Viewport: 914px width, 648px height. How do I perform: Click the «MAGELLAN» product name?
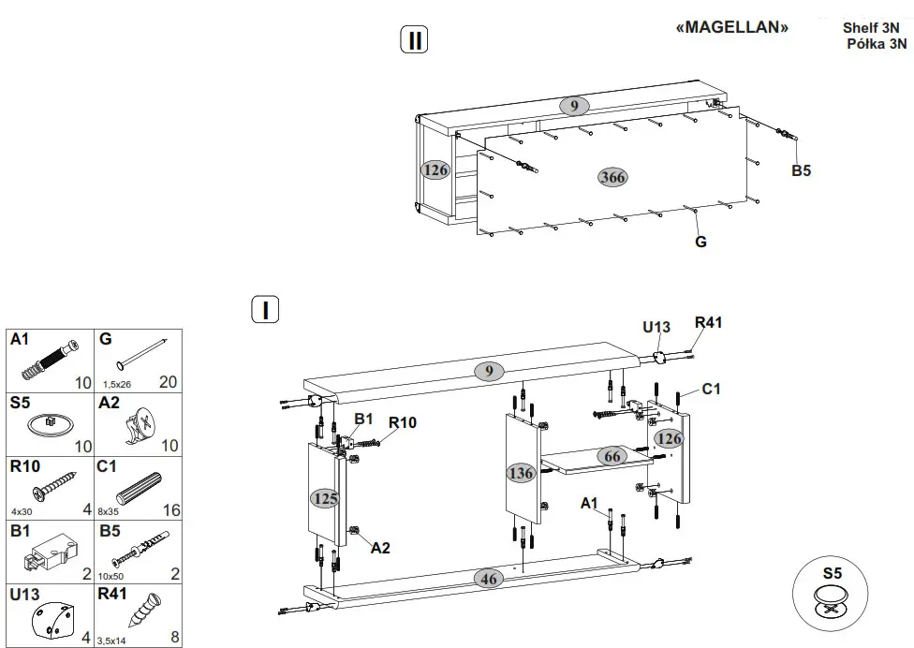click(x=731, y=28)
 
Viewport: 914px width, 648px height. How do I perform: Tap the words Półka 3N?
click(x=877, y=43)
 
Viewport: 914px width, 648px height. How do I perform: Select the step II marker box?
click(x=414, y=40)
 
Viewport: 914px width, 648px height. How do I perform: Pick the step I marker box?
click(x=266, y=309)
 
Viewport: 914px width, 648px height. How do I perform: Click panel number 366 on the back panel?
click(x=613, y=178)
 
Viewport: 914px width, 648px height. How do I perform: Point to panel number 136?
click(x=521, y=473)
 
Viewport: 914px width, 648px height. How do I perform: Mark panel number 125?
click(x=326, y=498)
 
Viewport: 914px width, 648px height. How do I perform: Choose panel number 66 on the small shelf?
click(x=612, y=456)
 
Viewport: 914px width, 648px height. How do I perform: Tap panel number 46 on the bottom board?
click(x=489, y=578)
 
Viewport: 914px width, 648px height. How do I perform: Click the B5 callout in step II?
click(x=801, y=170)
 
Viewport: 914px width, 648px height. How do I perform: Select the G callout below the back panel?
click(x=700, y=242)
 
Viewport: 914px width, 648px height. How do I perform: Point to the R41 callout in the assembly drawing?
click(x=709, y=323)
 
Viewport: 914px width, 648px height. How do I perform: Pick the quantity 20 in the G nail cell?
click(x=168, y=382)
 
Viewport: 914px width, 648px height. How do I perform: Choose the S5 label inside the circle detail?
click(x=833, y=572)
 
